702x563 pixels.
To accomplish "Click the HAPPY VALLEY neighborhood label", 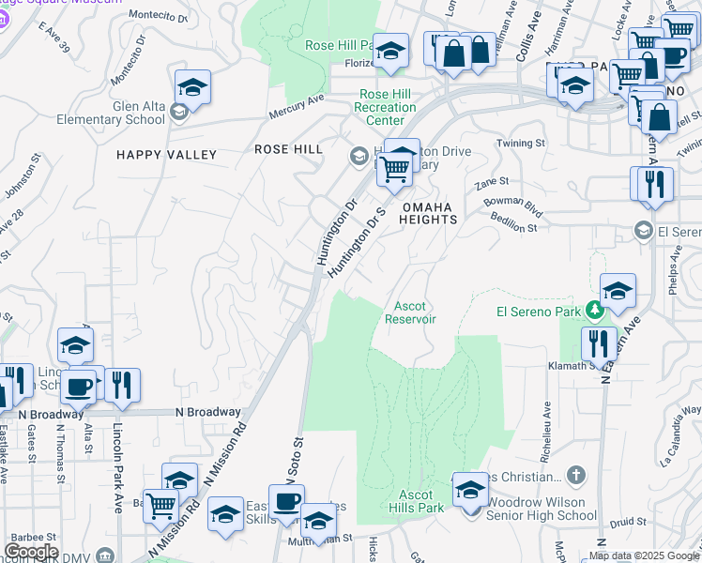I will tap(166, 155).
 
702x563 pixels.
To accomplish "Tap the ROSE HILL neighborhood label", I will tap(289, 149).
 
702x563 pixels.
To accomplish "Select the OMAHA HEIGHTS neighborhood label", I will tap(429, 213).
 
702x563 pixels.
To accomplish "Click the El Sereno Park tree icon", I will tap(593, 309).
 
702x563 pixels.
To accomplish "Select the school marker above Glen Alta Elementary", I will tap(192, 87).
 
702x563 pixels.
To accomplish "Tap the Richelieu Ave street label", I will tap(545, 428).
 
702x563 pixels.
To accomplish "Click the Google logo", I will tap(31, 552).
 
